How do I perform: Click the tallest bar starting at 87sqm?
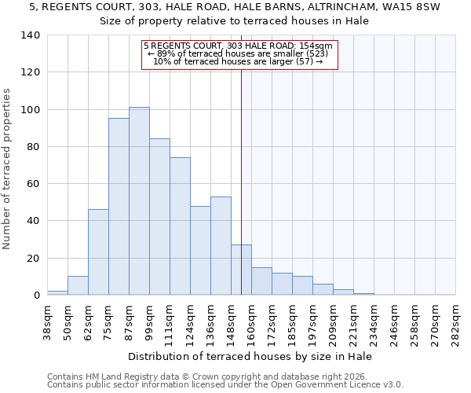(x=139, y=201)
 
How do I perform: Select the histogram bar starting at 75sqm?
(x=119, y=207)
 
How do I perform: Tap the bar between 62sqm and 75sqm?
(x=98, y=252)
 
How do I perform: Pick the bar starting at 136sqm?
(x=221, y=246)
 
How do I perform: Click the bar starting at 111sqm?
(x=180, y=226)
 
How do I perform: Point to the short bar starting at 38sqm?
(x=57, y=292)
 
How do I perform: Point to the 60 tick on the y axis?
(x=33, y=184)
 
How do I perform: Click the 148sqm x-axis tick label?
(x=231, y=319)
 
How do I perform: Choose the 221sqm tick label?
(x=353, y=319)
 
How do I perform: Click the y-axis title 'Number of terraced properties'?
(x=7, y=168)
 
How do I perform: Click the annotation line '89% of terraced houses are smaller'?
(x=239, y=53)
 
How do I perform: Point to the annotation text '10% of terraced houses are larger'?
(x=238, y=61)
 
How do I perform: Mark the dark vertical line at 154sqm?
(x=241, y=181)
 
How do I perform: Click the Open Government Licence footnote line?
(x=225, y=384)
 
